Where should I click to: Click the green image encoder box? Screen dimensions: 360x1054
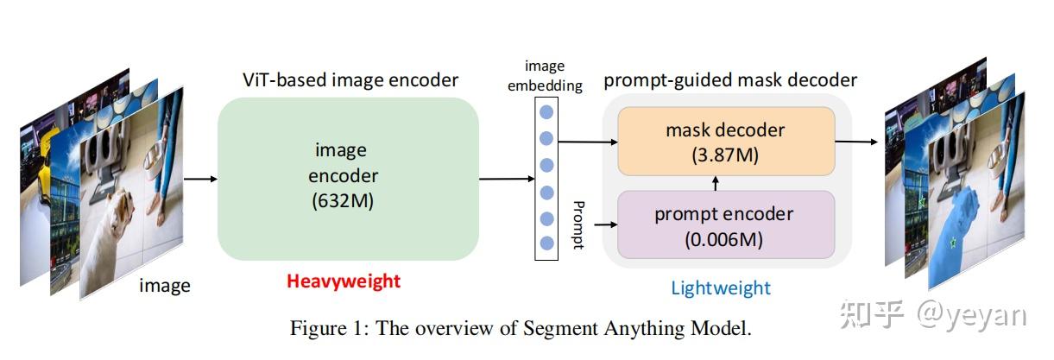click(x=347, y=179)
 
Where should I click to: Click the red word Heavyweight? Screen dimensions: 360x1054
click(x=344, y=281)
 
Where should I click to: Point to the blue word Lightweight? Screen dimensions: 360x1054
click(x=721, y=288)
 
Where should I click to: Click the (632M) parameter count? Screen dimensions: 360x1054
click(x=345, y=203)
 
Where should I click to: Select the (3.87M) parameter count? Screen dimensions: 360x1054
click(x=725, y=155)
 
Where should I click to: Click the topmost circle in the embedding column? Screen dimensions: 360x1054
click(x=546, y=111)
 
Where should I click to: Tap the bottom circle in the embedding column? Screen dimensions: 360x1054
click(x=546, y=243)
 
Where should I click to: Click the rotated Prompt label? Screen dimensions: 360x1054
click(x=577, y=224)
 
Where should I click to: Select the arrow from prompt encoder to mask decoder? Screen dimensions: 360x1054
click(x=715, y=182)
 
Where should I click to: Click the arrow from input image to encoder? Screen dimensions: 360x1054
click(x=200, y=179)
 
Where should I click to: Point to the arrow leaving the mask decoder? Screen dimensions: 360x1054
click(x=855, y=141)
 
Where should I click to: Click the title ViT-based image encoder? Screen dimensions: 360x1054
click(x=350, y=80)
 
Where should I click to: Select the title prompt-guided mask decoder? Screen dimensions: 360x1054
click(x=729, y=80)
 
